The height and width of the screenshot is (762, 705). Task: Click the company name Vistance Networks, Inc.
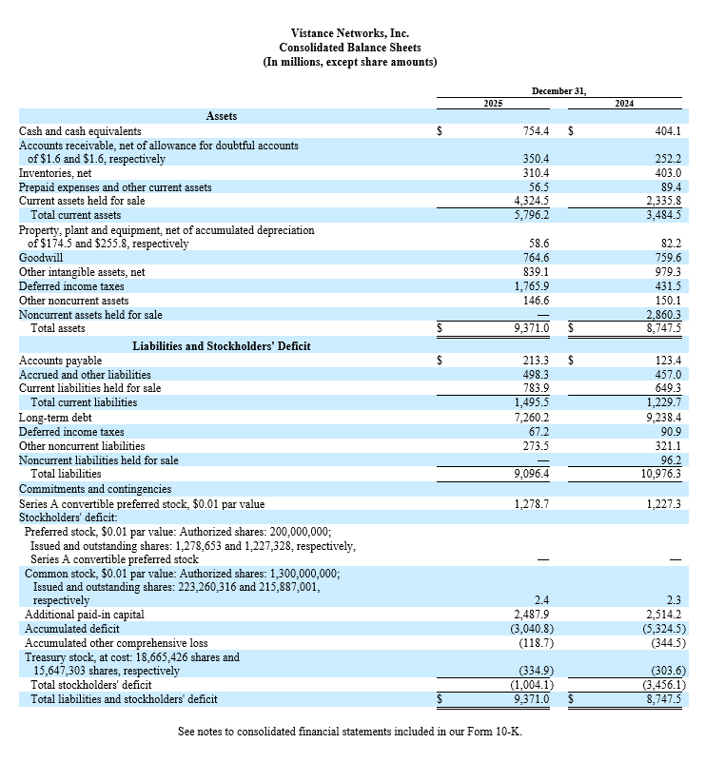[x=350, y=33]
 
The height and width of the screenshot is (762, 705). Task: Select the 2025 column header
[x=493, y=103]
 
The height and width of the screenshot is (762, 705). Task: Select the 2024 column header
[x=624, y=103]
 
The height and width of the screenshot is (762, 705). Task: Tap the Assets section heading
[x=222, y=116]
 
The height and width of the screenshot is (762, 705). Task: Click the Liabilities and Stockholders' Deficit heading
[x=221, y=345]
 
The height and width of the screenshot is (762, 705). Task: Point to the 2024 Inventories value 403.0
[x=664, y=173]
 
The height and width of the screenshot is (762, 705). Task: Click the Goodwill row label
[x=41, y=258]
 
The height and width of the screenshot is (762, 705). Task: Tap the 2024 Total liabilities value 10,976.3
[x=659, y=473]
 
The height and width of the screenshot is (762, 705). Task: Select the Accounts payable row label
[x=59, y=361]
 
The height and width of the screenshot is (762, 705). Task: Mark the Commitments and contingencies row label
[x=95, y=489]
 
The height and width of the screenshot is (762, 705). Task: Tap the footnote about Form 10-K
[x=350, y=732]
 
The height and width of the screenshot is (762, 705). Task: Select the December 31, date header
[x=558, y=90]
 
